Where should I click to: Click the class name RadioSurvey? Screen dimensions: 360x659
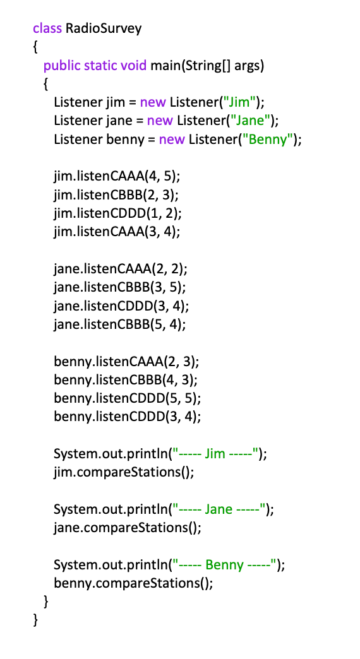[x=104, y=29]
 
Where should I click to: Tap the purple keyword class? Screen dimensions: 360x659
[x=47, y=28]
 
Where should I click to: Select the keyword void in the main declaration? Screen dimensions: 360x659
[x=134, y=66]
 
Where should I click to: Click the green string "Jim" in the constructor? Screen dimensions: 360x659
[x=239, y=102]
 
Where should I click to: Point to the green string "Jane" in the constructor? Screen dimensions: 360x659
[x=251, y=121]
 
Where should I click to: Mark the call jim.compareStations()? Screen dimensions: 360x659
[x=124, y=472]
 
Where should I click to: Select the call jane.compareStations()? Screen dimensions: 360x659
[x=128, y=528]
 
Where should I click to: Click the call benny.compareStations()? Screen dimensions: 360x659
[x=133, y=583]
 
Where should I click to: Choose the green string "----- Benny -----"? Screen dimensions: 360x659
[x=224, y=565]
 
